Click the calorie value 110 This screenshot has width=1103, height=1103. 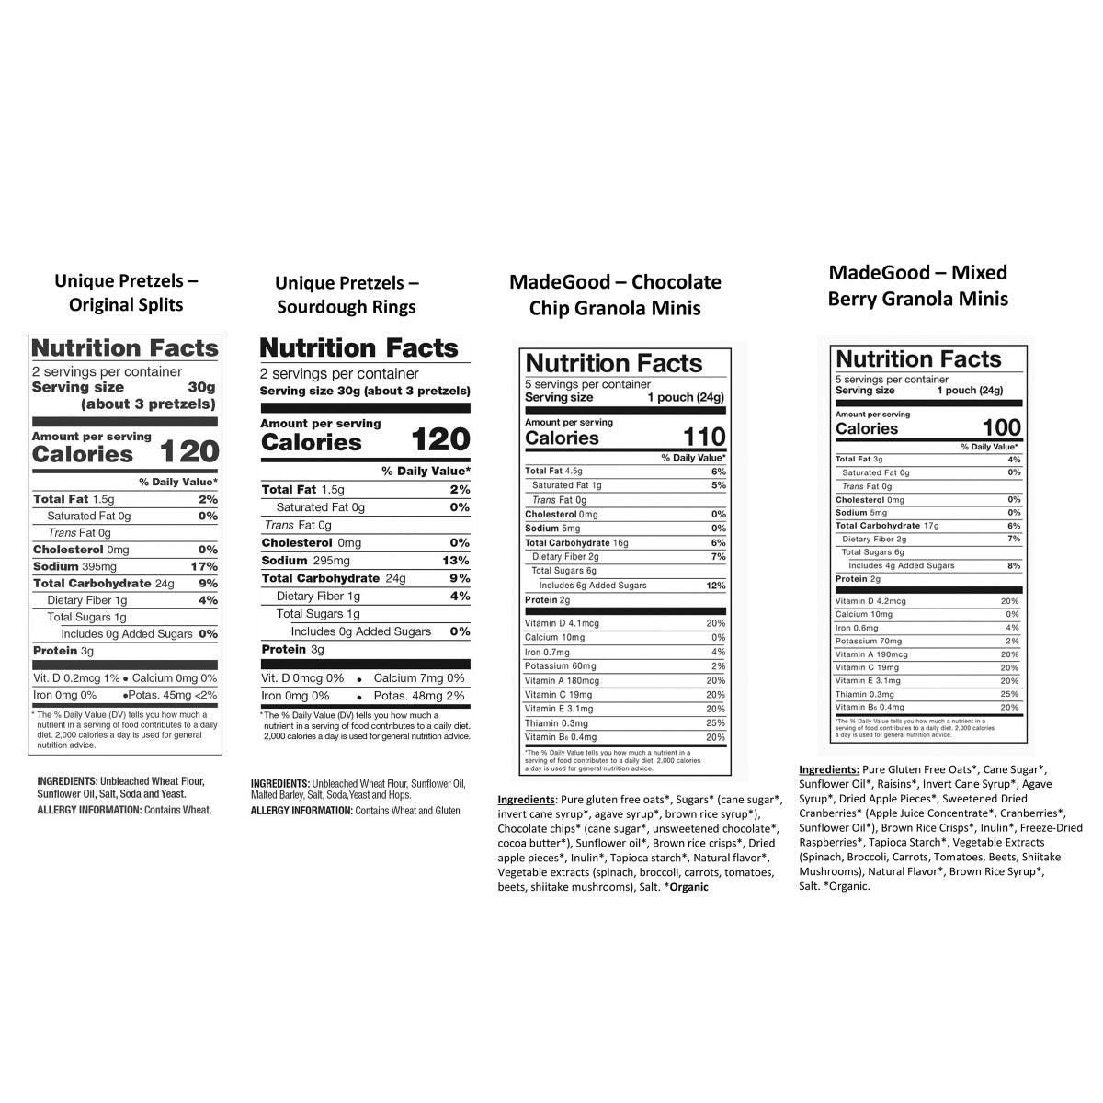pyautogui.click(x=704, y=438)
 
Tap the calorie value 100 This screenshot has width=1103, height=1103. pyautogui.click(x=1002, y=427)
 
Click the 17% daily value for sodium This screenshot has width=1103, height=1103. pyautogui.click(x=204, y=566)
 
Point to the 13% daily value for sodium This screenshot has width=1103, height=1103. pyautogui.click(x=456, y=561)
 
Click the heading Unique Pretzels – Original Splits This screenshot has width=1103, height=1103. pyautogui.click(x=126, y=292)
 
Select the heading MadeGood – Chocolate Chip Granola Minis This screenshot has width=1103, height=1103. pyautogui.click(x=615, y=294)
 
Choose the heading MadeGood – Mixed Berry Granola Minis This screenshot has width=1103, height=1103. pyautogui.click(x=917, y=285)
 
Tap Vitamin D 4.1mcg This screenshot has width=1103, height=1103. pyautogui.click(x=562, y=623)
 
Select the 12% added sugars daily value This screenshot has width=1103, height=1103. pyautogui.click(x=716, y=586)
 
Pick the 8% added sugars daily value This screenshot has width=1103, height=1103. pyautogui.click(x=1014, y=566)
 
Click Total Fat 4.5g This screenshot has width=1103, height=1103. pyautogui.click(x=554, y=471)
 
